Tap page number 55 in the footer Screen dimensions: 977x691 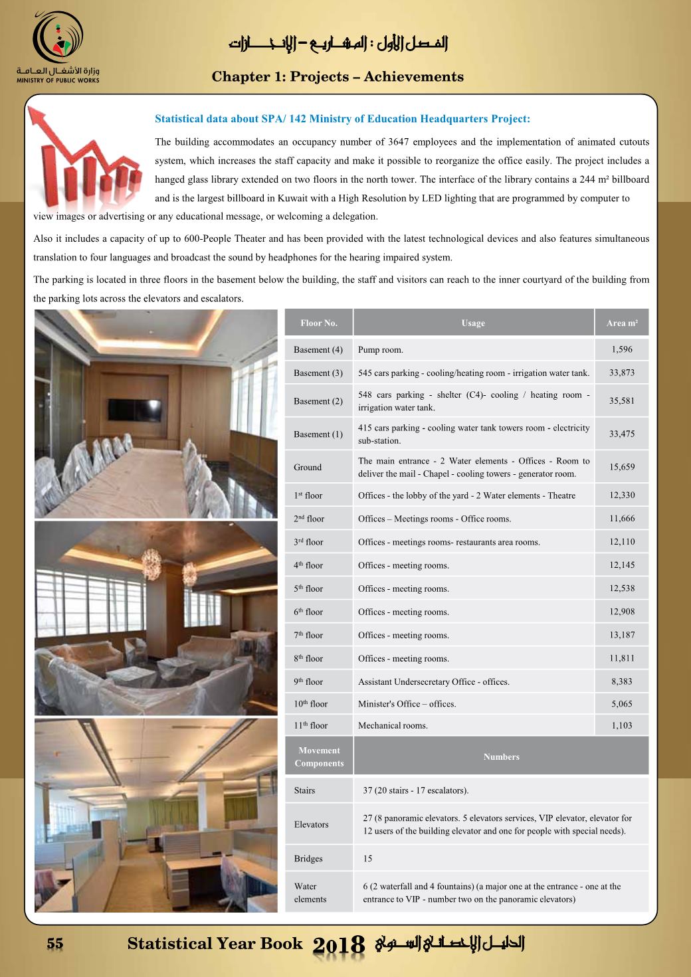[x=54, y=943]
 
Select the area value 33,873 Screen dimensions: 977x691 [x=622, y=373]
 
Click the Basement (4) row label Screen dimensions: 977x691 [x=318, y=350]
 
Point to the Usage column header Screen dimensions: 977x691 [x=473, y=323]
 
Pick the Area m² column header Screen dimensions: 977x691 [x=622, y=323]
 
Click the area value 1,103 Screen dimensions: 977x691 [x=622, y=726]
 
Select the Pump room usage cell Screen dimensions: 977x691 [x=381, y=350]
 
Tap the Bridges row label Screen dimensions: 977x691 [x=308, y=859]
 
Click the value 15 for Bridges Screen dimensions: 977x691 [x=367, y=859]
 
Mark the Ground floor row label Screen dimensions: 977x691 [x=308, y=468]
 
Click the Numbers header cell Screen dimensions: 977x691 [x=501, y=757]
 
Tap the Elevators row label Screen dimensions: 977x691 [x=311, y=825]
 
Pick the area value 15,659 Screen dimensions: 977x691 [x=622, y=467]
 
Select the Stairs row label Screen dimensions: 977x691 [x=304, y=791]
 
